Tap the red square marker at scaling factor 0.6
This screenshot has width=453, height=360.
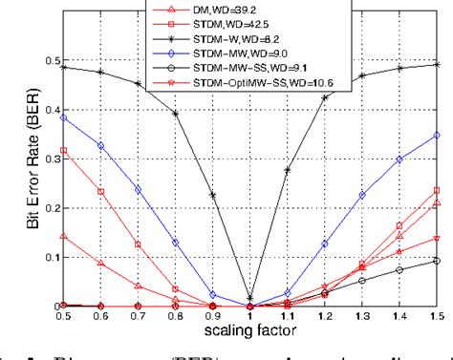tap(99, 192)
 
